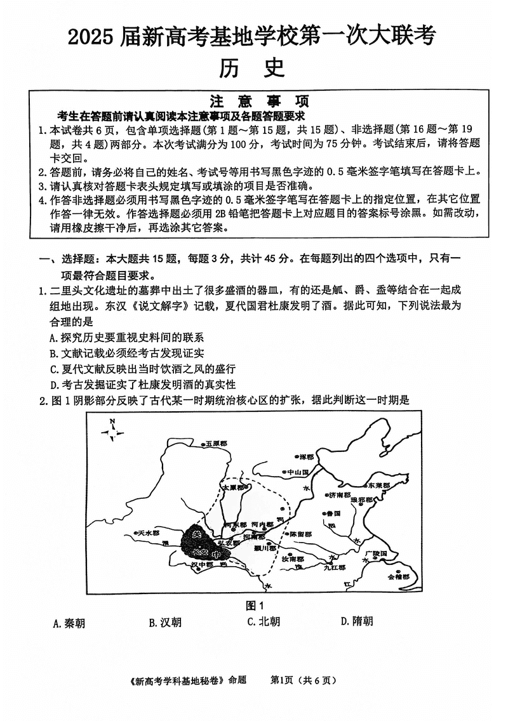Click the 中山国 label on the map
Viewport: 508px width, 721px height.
coord(297,473)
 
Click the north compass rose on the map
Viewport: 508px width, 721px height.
coord(112,433)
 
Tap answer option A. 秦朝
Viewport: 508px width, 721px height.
coord(69,623)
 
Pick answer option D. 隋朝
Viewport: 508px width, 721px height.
coord(357,621)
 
